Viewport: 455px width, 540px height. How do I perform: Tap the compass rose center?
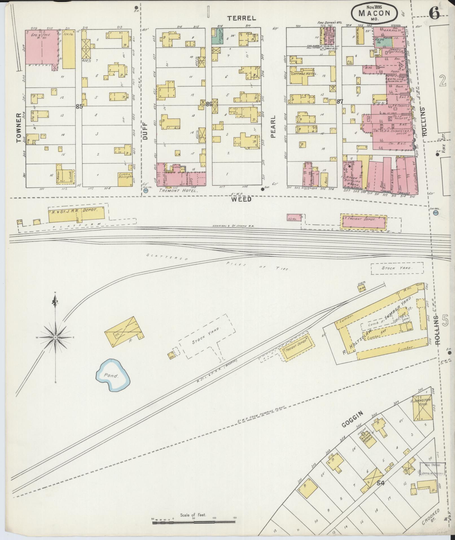[56, 337]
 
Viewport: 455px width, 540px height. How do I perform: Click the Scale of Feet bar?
[194, 523]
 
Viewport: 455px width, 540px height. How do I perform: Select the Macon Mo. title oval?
[374, 13]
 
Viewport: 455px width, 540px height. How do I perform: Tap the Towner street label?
[19, 128]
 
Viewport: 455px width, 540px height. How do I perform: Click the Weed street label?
[241, 199]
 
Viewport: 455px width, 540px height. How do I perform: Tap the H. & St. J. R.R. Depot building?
[77, 215]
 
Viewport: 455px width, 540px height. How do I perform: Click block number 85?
[79, 106]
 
